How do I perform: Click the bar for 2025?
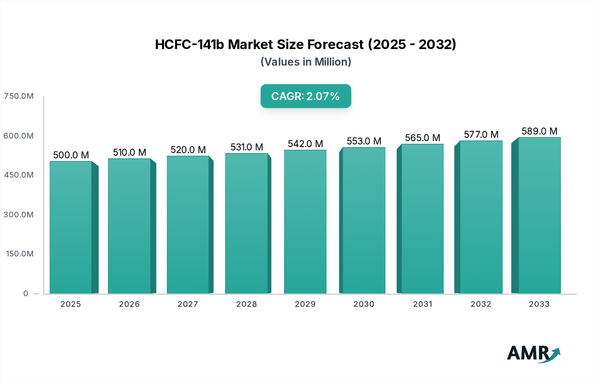coord(71,227)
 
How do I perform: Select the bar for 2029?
coord(305,222)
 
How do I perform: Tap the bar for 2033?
coord(539,215)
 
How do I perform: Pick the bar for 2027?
coord(188,225)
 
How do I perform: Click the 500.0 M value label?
coord(71,155)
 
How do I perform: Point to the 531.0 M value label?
coord(247,147)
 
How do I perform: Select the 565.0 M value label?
coord(422,138)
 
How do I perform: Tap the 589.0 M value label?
coord(539,131)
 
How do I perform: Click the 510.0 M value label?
coord(129,152)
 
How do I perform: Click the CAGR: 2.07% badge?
coord(306,96)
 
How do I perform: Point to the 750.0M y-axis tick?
coord(19,96)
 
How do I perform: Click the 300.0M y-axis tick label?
coord(19,215)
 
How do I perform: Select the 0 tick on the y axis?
coord(26,294)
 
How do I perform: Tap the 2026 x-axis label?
coord(129,304)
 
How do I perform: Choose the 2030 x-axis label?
coord(364,304)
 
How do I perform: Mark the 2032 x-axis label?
coord(481,304)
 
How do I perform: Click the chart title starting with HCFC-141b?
coord(306,44)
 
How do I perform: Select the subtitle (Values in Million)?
coord(306,62)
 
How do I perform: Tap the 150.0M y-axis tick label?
coord(20,254)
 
